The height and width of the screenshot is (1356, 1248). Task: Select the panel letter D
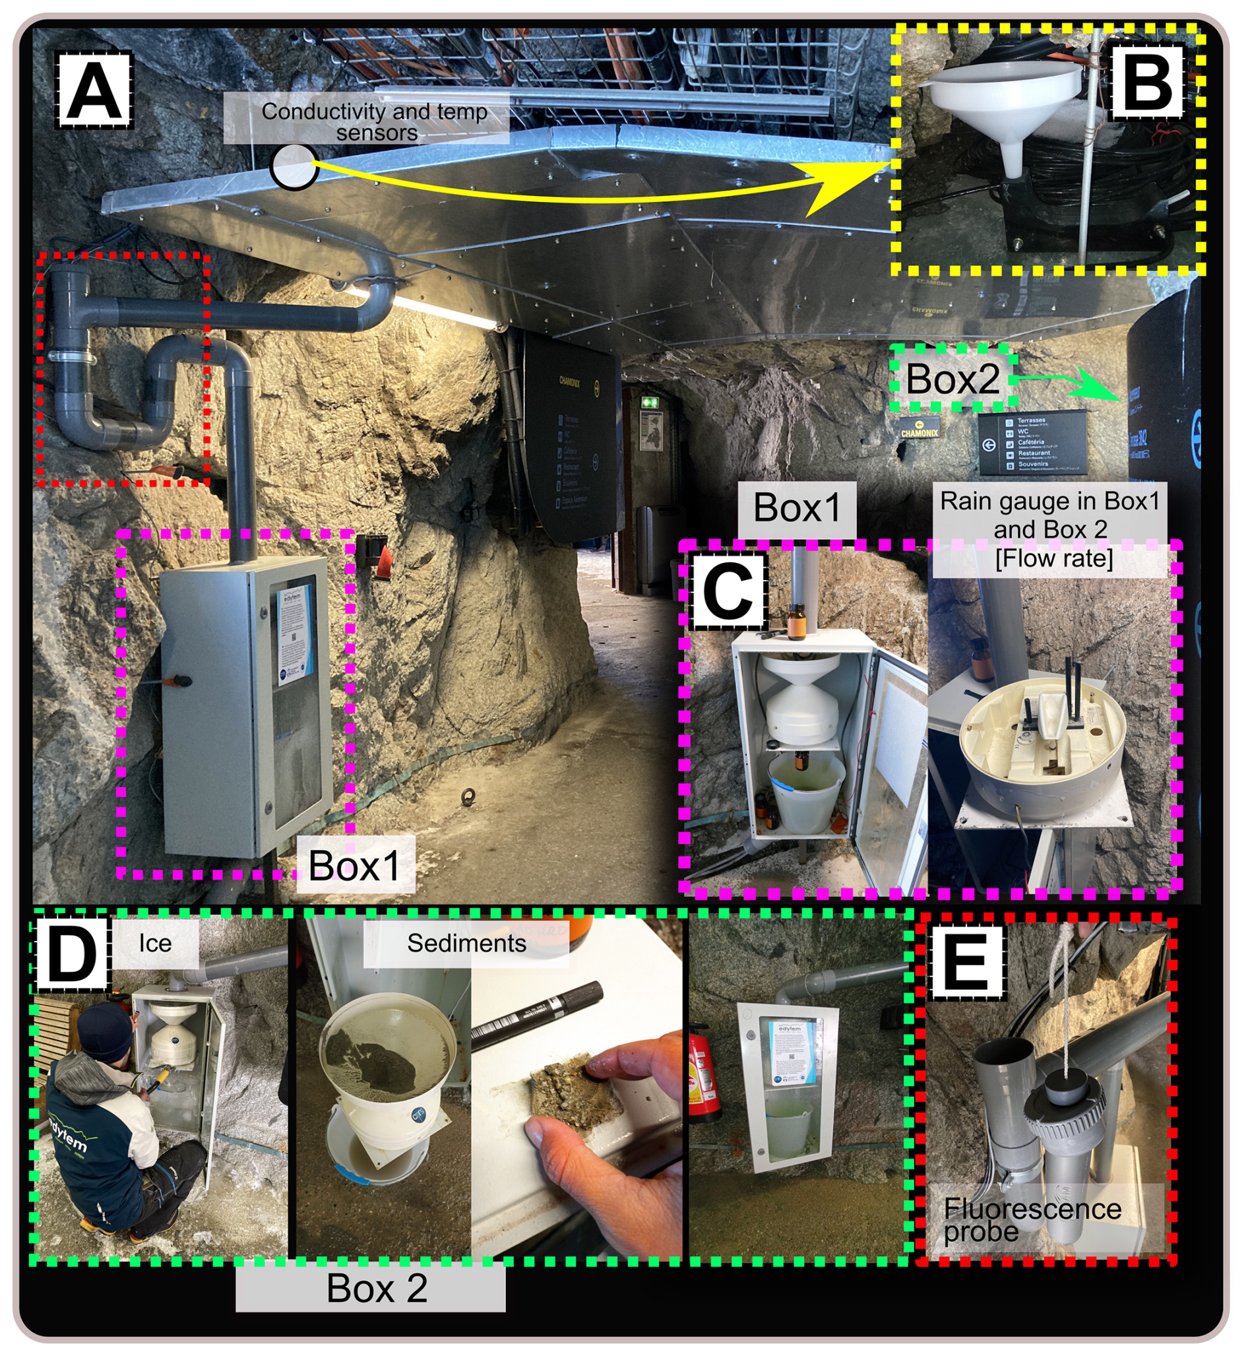69,957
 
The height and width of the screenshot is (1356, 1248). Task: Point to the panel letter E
966,964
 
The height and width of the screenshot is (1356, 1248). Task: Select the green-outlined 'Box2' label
952,378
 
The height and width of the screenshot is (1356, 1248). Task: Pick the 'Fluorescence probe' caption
1032,1219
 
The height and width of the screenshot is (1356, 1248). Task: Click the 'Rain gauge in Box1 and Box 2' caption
1049,529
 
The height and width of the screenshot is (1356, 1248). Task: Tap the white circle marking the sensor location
294,166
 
